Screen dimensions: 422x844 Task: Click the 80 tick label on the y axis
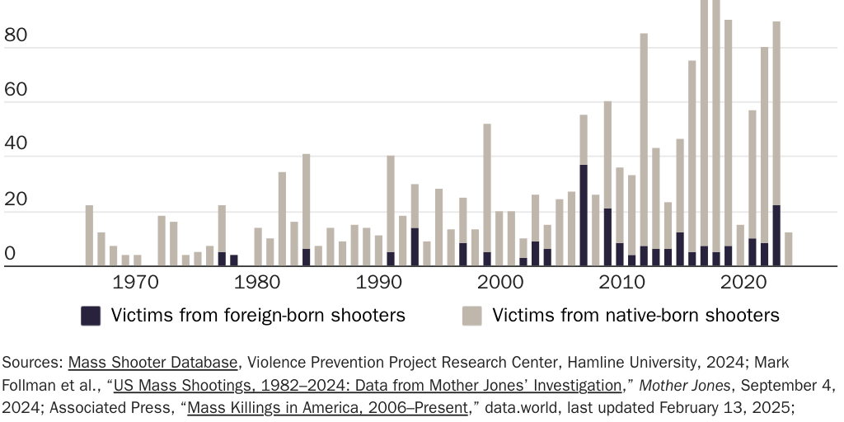pos(16,36)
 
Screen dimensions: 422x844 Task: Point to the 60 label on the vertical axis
pos(16,90)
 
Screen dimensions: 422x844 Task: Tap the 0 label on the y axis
pos(10,254)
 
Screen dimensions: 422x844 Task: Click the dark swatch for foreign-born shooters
pos(91,315)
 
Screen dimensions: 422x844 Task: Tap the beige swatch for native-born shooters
pos(471,315)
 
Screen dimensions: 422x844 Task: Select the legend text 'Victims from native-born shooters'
pos(635,315)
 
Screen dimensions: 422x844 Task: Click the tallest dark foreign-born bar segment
pos(584,215)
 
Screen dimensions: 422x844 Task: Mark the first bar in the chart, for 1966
pos(89,236)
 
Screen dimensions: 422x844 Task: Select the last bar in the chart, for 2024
pos(789,249)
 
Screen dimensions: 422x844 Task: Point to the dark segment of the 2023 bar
pos(776,236)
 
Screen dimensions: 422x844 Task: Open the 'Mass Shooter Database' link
pos(153,362)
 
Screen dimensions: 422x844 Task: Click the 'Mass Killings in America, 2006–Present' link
pos(328,406)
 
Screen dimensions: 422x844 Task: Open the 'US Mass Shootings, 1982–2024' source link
pos(368,384)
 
